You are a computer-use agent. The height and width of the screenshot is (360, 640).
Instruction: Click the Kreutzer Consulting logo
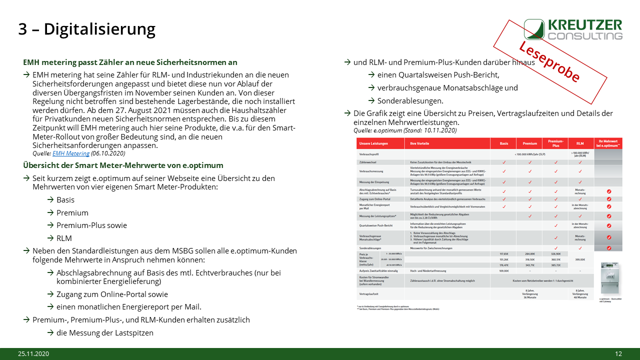pos(573,29)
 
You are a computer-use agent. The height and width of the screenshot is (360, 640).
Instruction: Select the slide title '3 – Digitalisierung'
pos(86,29)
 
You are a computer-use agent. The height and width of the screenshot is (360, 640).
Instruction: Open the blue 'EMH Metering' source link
pos(71,153)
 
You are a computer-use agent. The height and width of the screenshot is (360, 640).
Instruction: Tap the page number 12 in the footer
pos(618,354)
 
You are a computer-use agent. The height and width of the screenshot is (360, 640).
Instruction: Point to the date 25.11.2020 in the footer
pos(34,354)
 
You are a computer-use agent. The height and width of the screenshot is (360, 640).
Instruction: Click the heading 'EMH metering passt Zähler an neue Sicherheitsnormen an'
pos(130,62)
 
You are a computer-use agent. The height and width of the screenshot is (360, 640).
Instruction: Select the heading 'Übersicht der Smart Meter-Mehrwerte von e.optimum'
pos(123,165)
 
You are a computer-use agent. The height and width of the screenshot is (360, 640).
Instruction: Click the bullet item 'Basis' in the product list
pos(65,199)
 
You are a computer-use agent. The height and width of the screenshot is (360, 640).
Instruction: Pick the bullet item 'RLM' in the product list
pos(64,238)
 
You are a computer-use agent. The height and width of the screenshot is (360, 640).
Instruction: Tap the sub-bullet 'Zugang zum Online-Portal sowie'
pos(112,294)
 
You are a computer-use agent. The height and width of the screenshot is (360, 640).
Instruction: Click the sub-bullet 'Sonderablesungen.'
pos(403,100)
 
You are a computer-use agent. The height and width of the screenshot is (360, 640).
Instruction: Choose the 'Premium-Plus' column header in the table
pos(555,143)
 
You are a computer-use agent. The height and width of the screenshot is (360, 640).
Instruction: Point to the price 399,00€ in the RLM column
pos(580,259)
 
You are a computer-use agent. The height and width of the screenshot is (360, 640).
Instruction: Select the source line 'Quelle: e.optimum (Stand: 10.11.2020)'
pos(404,130)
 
